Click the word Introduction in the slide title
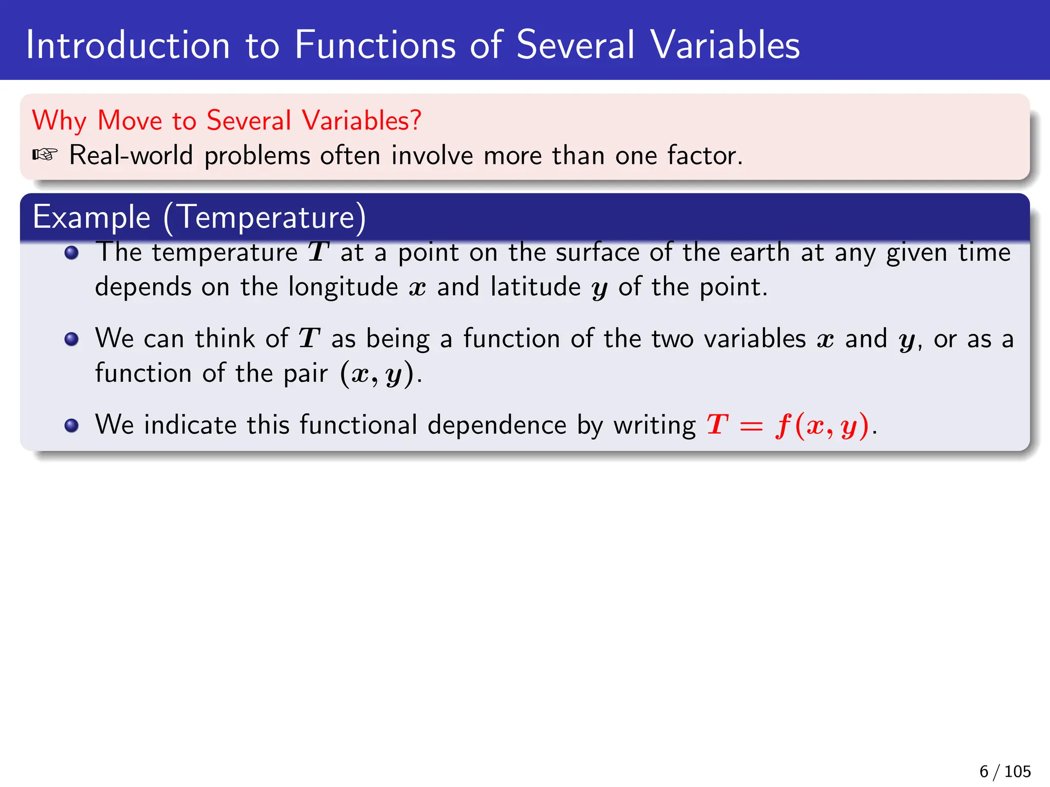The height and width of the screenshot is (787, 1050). pos(128,45)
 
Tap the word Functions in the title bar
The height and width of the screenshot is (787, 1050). pos(375,45)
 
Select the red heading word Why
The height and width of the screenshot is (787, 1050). pos(59,121)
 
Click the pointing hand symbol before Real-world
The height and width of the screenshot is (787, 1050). pos(45,154)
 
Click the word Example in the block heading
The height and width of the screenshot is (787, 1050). pos(91,217)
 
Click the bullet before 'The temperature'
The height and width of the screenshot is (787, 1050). pos(71,253)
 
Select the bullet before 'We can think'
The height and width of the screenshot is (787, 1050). pos(71,339)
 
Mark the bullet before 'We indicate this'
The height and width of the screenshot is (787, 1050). pos(71,425)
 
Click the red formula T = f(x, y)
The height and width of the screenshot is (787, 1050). pos(788,425)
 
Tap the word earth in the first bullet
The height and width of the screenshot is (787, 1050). pos(759,252)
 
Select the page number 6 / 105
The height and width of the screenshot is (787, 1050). pos(1005,771)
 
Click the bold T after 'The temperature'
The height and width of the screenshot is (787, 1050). pos(318,252)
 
